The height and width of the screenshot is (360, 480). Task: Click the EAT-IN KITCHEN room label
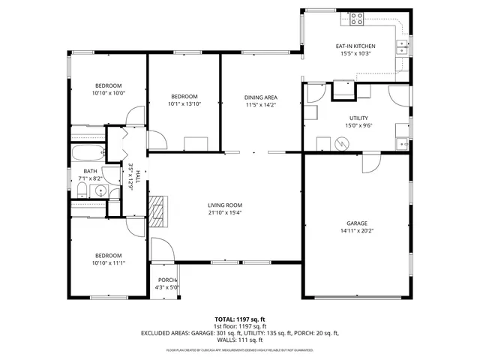click(x=355, y=46)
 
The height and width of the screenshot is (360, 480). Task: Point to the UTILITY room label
click(x=358, y=118)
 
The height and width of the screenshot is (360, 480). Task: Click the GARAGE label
click(x=356, y=223)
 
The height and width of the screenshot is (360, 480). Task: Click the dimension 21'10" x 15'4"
click(x=225, y=212)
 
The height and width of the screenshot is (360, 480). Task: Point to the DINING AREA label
click(x=261, y=97)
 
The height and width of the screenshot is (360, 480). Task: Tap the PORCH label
click(x=166, y=280)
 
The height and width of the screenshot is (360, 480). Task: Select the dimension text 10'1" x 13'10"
click(x=184, y=104)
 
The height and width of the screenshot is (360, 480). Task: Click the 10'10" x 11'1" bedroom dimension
click(x=108, y=262)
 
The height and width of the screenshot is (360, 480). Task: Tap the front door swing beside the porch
click(x=159, y=250)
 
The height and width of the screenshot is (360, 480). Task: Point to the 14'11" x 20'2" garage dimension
click(x=356, y=231)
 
